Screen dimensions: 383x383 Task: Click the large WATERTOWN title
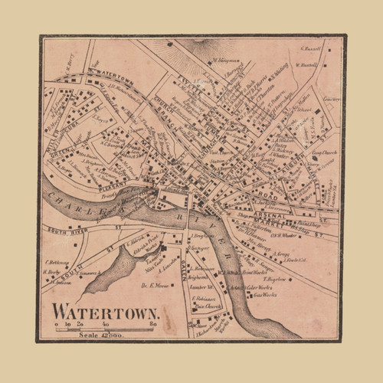pos(105,313)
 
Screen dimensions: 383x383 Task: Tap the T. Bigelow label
pos(270,280)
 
